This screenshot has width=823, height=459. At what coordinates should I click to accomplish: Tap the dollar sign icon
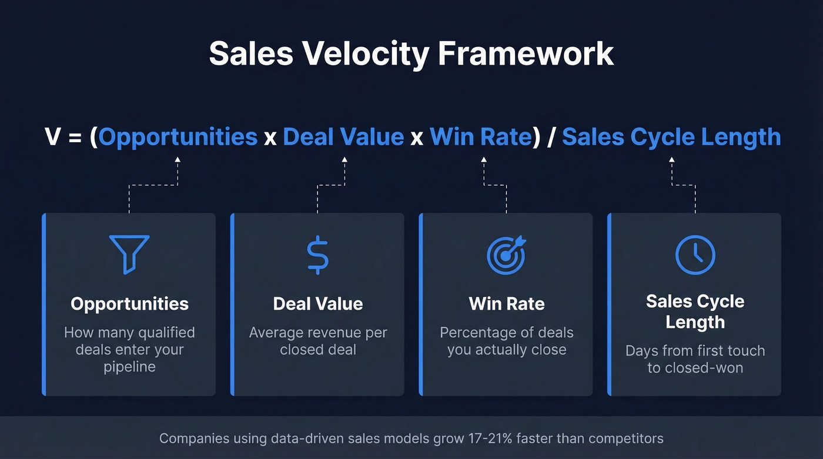(x=318, y=254)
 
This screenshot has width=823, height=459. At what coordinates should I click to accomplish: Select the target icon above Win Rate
(x=506, y=254)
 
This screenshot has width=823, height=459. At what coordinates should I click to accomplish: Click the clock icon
(x=695, y=254)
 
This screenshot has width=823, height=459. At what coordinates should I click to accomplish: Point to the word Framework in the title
(x=526, y=53)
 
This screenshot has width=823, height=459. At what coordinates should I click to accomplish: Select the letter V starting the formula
(x=53, y=137)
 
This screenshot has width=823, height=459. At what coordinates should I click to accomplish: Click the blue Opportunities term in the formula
(x=178, y=137)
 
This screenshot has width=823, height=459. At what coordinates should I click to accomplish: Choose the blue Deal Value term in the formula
(x=343, y=137)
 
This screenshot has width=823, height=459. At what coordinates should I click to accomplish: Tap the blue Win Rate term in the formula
(x=480, y=137)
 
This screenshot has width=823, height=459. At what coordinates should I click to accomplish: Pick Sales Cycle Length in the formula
(x=671, y=137)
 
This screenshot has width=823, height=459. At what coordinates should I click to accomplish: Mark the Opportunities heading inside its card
(x=129, y=304)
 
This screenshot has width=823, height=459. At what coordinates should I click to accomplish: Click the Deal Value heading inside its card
(x=318, y=304)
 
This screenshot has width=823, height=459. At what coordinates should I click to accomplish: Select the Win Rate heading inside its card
(x=507, y=304)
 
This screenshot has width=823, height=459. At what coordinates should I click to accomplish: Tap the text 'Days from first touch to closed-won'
(x=695, y=359)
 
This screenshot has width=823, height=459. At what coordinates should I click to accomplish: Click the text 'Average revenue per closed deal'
(x=318, y=341)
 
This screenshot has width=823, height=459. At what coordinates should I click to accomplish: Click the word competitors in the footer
(x=625, y=438)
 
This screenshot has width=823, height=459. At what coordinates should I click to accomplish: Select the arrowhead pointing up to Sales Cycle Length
(x=671, y=159)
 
